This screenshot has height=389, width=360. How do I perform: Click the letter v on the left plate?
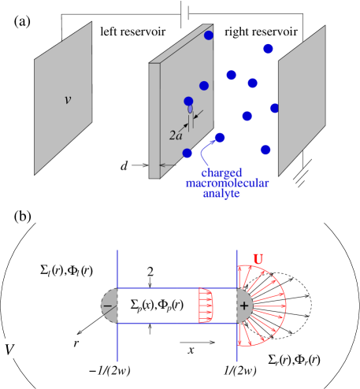coord(67,100)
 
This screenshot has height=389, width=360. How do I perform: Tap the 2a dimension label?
coord(176,135)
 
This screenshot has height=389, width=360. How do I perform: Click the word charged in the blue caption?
coord(221,172)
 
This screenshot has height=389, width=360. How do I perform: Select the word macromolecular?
coord(227,183)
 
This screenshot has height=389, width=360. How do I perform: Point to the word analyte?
coord(221,193)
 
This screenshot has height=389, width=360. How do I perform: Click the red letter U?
coord(258,258)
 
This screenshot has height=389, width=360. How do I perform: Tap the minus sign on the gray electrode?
coord(107,306)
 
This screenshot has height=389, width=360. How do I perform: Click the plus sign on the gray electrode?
coord(243,306)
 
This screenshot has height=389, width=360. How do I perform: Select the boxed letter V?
coord(9,348)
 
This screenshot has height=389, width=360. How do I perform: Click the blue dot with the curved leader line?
coord(220,138)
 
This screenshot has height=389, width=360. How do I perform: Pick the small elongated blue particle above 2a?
coord(190,109)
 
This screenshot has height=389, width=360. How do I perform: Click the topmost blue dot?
coord(209,35)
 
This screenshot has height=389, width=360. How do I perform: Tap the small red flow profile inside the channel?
coord(206,306)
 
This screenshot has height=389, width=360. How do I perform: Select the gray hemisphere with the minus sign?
coord(110,306)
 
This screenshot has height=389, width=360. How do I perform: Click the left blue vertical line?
coord(117,339)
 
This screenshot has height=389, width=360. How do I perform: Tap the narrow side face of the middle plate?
coord(154,118)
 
